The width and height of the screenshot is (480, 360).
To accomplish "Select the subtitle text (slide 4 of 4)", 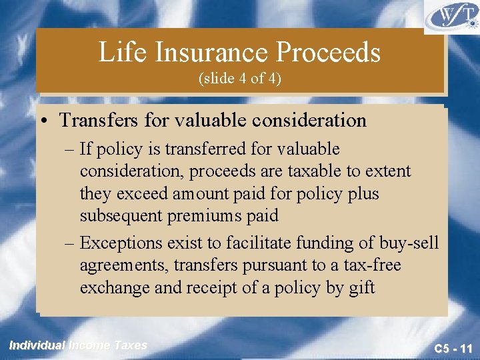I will point(240,79).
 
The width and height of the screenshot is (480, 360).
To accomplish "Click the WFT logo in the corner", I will point(451,15).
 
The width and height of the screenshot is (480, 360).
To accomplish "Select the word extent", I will point(385,171).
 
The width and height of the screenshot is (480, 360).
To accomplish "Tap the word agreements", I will point(123,265).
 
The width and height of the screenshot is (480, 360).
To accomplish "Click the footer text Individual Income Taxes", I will point(78,345).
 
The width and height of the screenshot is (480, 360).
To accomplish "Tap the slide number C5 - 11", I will point(453,348).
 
